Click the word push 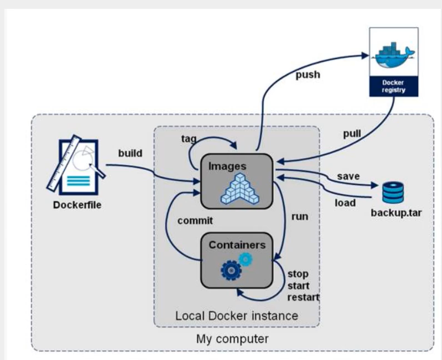point(308,74)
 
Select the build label point(131,153)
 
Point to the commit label point(195,220)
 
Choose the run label point(300,216)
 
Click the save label point(349,176)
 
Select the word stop point(298,274)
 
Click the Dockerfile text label point(77,206)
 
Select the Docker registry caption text point(393,86)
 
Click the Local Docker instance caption point(236,316)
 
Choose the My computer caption point(232,338)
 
